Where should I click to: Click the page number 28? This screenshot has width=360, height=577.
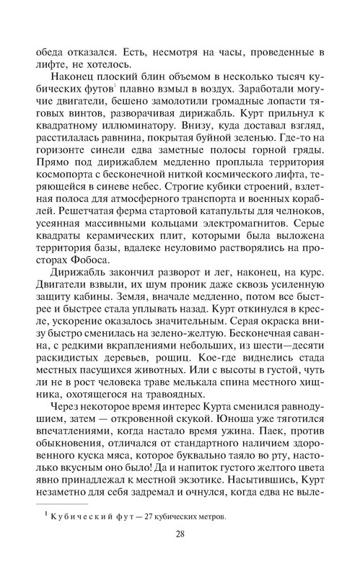(x=180, y=554)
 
